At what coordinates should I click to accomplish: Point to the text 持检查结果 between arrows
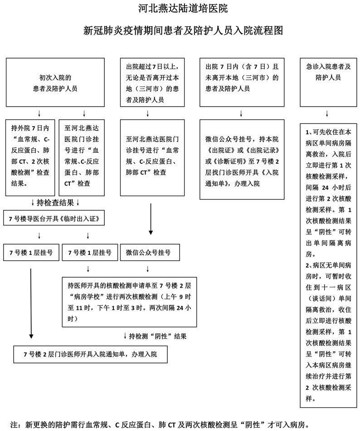click(x=55, y=202)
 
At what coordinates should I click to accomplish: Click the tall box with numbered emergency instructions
click(x=328, y=263)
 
